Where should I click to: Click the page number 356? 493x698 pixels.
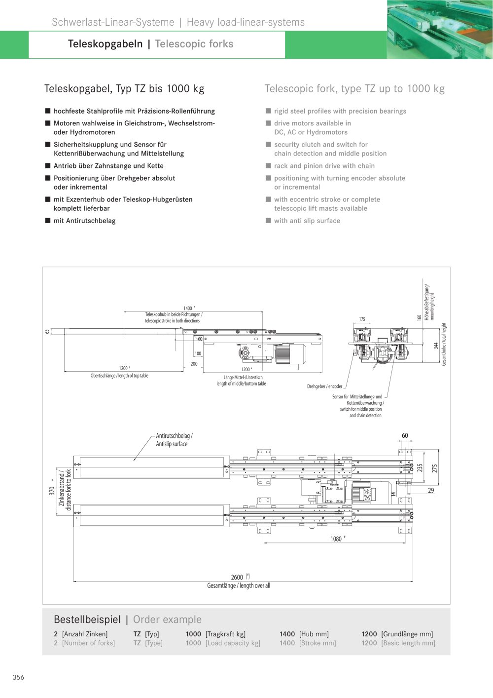pos(18,677)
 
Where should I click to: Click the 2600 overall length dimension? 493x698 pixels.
pos(237,577)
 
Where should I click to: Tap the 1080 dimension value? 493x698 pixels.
pos(336,539)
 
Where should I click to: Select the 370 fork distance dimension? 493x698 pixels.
pos(52,491)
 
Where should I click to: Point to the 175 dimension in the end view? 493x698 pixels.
pos(362,319)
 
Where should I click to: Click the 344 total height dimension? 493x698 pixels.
pos(436,345)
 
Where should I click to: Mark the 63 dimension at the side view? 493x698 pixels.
pos(47,332)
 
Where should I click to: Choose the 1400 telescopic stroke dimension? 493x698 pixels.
pos(188,308)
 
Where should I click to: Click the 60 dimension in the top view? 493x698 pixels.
pos(405,435)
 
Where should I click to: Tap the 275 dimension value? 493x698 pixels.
pos(435,468)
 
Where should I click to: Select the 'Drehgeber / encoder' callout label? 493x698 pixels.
pos(324,387)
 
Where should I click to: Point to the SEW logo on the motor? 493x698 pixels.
pos(367,494)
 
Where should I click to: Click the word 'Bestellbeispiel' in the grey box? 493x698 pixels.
pos(87,619)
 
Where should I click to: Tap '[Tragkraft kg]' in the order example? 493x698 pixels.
pos(225,634)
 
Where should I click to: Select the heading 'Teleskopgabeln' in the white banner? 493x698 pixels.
pos(105,44)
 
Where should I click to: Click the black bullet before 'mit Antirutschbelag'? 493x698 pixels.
pos(48,221)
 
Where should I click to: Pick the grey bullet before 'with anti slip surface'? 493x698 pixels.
pos(268,221)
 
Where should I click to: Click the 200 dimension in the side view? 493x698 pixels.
pos(194,364)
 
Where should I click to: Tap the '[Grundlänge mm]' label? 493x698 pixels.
pos(407,634)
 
